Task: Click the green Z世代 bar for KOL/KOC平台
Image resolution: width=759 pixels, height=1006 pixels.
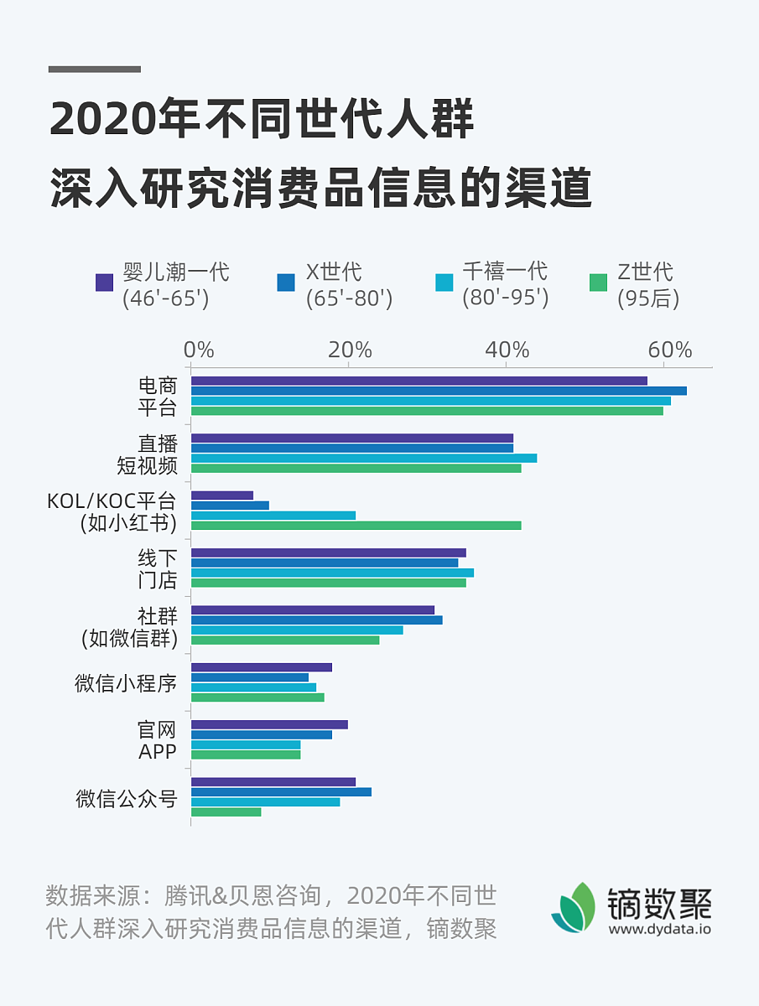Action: pyautogui.click(x=356, y=526)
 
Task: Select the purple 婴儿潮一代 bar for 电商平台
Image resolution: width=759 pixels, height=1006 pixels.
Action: pyautogui.click(x=418, y=381)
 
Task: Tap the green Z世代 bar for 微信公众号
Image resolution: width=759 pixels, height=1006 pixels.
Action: pyautogui.click(x=226, y=812)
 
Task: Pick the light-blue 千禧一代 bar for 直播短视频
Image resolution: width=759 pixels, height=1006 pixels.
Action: pyautogui.click(x=363, y=458)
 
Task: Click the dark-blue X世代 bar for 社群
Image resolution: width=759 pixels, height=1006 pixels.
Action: pyautogui.click(x=316, y=620)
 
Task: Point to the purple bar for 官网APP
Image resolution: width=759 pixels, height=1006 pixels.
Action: pyautogui.click(x=269, y=724)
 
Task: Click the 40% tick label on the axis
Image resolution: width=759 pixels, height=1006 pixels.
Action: pyautogui.click(x=507, y=350)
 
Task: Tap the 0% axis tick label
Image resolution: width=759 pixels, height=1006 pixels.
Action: pyautogui.click(x=199, y=350)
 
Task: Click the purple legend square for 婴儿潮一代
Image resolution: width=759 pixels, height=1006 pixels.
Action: pyautogui.click(x=105, y=283)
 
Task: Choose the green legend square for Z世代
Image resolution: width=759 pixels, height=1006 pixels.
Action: pyautogui.click(x=598, y=283)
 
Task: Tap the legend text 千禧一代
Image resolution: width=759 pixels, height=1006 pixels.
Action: pyautogui.click(x=505, y=272)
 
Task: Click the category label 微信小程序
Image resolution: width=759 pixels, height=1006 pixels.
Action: pyautogui.click(x=126, y=682)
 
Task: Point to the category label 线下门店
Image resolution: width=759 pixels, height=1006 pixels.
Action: pyautogui.click(x=158, y=568)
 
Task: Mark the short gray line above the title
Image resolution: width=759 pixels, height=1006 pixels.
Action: pyautogui.click(x=95, y=69)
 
